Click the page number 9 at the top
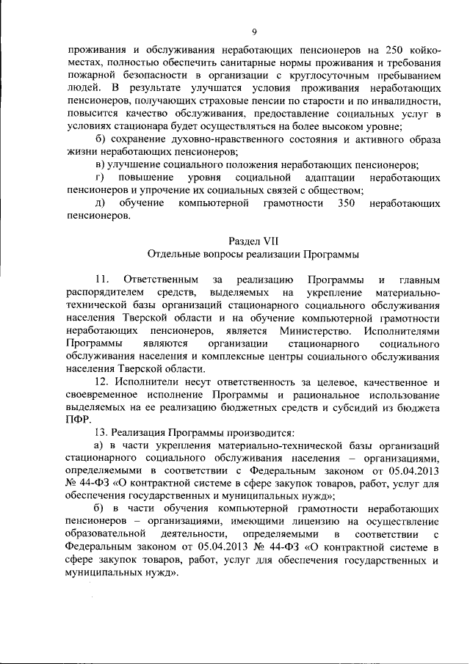[253, 32]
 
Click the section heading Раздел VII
[253, 240]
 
